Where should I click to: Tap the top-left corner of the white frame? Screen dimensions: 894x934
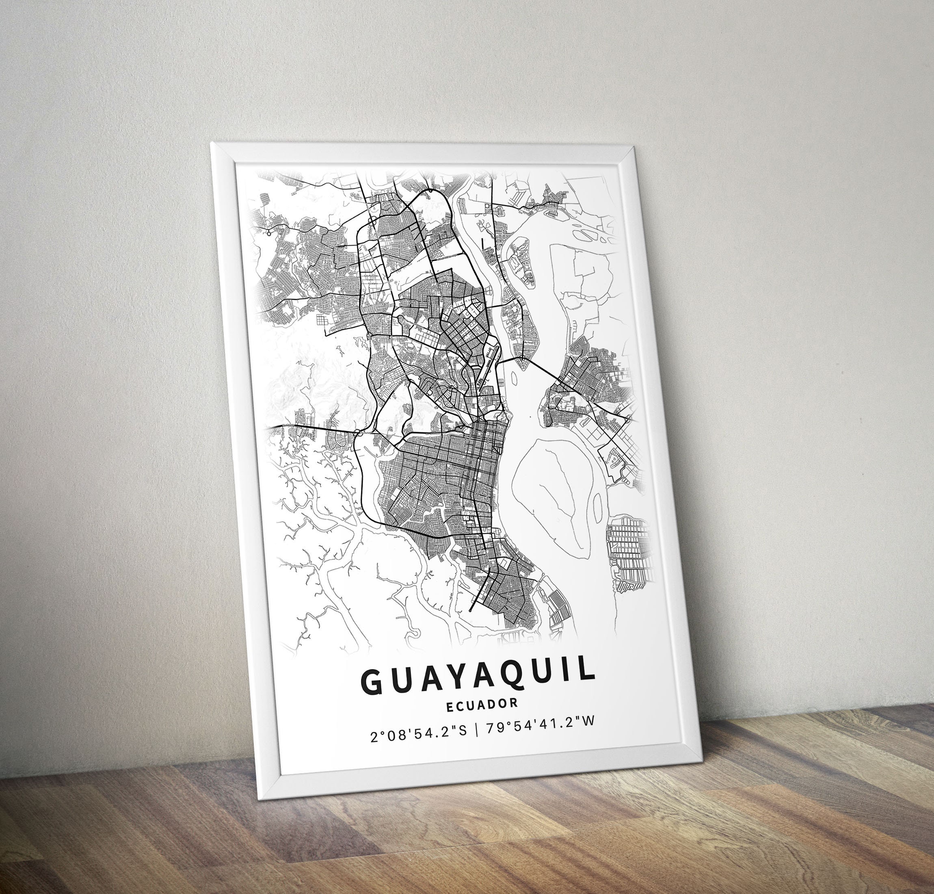point(212,143)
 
